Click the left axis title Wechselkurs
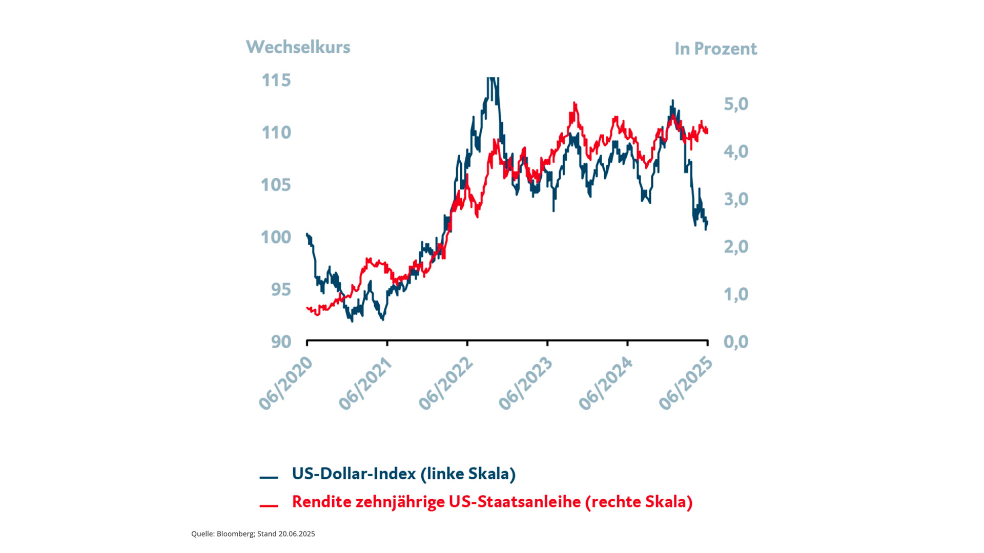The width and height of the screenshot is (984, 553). click(298, 47)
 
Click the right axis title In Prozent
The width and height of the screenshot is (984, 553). click(715, 49)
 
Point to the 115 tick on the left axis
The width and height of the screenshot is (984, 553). click(276, 80)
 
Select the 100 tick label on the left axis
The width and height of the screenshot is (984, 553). click(276, 237)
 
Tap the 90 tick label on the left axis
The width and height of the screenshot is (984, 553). click(281, 342)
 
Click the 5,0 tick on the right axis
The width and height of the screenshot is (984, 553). click(736, 104)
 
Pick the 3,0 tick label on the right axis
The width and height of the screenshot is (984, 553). click(736, 199)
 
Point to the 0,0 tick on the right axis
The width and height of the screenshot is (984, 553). click(736, 342)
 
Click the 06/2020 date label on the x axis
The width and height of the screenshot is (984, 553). click(285, 383)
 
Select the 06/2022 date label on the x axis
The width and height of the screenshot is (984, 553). click(446, 383)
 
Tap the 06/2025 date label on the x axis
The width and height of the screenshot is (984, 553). click(686, 383)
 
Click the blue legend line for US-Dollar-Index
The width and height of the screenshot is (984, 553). click(269, 477)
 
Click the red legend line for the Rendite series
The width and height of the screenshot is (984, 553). click(269, 506)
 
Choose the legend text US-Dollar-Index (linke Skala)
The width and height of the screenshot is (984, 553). click(403, 474)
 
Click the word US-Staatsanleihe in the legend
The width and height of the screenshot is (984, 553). click(515, 502)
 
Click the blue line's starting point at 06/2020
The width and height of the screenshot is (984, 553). click(307, 234)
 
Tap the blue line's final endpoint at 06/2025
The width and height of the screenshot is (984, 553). click(708, 222)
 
